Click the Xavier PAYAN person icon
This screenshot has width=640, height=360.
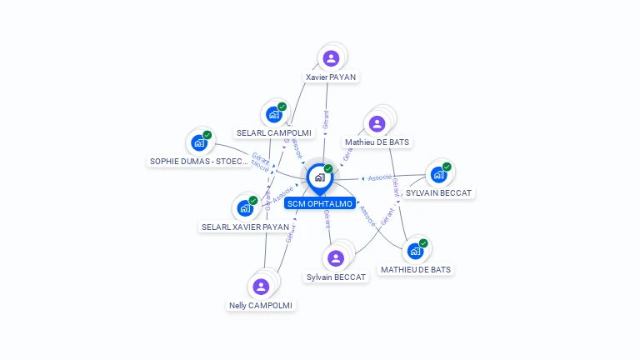[331, 58]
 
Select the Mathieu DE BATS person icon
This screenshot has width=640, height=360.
[377, 124]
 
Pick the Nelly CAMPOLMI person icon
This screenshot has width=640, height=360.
[261, 287]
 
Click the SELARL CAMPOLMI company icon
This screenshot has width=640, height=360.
[273, 114]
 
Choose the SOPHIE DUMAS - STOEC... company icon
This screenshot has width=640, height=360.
[198, 142]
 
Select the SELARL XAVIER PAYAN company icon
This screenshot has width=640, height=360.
[245, 207]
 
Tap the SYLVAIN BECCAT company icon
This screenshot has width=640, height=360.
[438, 174]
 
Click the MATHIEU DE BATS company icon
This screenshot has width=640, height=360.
[415, 251]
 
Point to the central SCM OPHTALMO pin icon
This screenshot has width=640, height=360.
[319, 177]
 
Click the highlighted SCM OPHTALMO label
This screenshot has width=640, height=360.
[320, 203]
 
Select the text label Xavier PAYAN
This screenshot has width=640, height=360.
[331, 77]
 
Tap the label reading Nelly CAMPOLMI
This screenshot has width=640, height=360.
[261, 305]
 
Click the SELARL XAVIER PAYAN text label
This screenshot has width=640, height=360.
[245, 227]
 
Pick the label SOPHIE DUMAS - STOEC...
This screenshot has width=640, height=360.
[198, 161]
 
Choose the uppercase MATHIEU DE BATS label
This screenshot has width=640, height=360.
[416, 269]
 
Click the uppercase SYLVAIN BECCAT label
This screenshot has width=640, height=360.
[438, 192]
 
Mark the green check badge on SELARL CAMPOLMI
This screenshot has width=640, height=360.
[282, 107]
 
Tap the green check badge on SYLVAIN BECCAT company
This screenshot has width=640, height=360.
[447, 167]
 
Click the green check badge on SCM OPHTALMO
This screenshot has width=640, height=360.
[328, 169]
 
